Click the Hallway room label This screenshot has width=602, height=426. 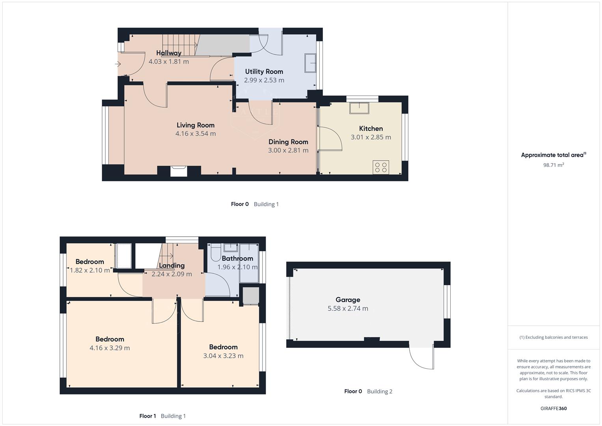[x=169, y=53]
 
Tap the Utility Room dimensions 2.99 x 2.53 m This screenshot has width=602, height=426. [x=264, y=80]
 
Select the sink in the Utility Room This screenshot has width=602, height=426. [x=310, y=63]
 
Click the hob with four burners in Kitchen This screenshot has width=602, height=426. [x=381, y=167]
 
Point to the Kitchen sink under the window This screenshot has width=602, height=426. [x=359, y=108]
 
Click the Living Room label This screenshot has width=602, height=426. [x=196, y=125]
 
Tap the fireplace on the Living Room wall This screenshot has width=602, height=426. [x=179, y=171]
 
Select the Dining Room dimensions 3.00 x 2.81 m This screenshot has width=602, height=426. [x=288, y=150]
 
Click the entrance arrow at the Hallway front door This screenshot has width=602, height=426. [x=117, y=64]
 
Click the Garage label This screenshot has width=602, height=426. [x=348, y=300]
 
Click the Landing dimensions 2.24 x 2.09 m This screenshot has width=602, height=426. [x=172, y=274]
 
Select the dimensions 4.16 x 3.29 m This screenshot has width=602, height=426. [x=110, y=348]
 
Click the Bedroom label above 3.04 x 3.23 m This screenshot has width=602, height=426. [x=223, y=347]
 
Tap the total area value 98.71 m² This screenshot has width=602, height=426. [x=554, y=165]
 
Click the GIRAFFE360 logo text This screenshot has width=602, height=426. [x=554, y=408]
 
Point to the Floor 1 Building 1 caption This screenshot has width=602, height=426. [x=162, y=416]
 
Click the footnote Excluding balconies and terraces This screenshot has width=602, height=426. [x=554, y=337]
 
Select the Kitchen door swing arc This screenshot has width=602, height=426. [x=333, y=138]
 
